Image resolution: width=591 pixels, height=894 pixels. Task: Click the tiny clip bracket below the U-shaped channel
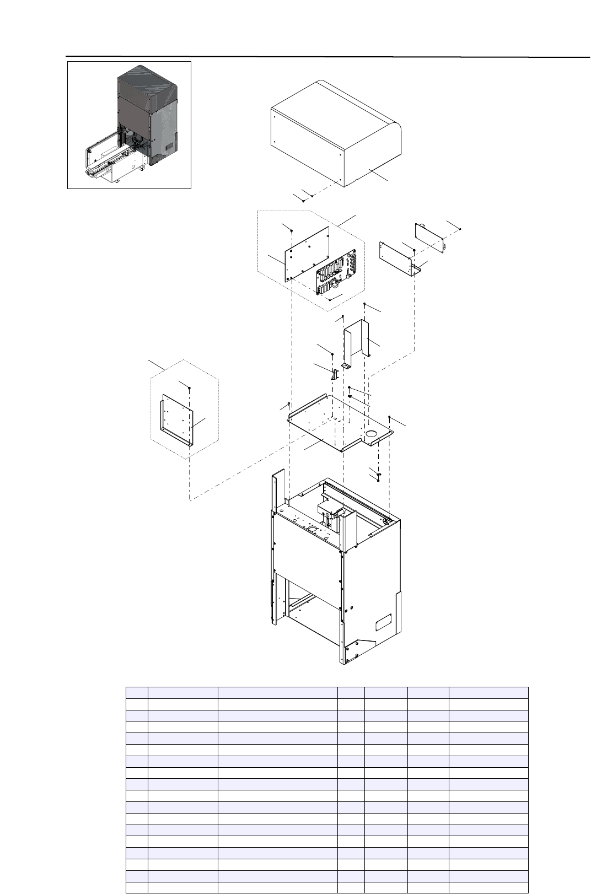334,374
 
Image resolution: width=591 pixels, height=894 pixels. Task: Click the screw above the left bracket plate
189,388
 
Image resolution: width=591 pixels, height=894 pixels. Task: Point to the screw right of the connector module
460,229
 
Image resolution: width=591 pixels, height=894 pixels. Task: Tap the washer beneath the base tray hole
379,473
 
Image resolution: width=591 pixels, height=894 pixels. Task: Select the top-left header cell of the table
137,692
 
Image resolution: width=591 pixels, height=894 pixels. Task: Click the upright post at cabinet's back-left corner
279,488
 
